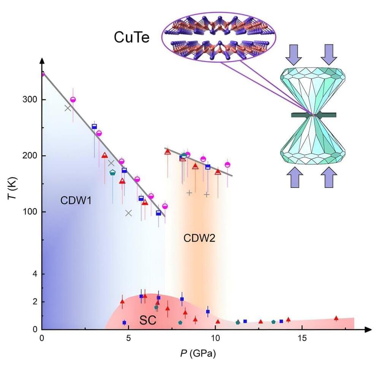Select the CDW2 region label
pyautogui.click(x=199, y=238)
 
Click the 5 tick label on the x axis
pyautogui.click(x=128, y=338)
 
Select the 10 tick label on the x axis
pyautogui.click(x=215, y=338)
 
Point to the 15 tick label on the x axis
pyautogui.click(x=302, y=338)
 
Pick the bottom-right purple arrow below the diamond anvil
pyautogui.click(x=329, y=177)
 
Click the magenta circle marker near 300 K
pyautogui.click(x=73, y=100)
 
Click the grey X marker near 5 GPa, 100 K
pyautogui.click(x=128, y=213)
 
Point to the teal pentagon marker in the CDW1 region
pyautogui.click(x=112, y=173)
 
